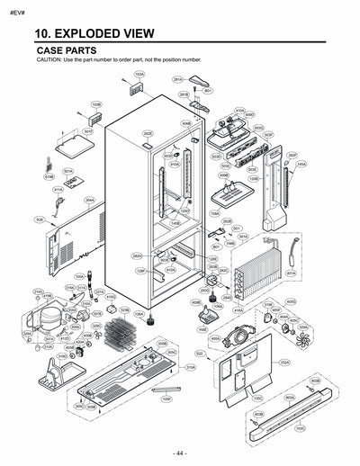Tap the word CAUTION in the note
point(49,59)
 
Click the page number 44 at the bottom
point(180,452)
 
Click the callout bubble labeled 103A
point(139,75)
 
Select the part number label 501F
point(88,131)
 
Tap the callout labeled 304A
point(89,201)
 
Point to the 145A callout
point(301,165)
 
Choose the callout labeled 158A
point(214,214)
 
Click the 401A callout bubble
point(290,273)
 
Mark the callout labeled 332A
point(283,363)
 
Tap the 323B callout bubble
point(124,310)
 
